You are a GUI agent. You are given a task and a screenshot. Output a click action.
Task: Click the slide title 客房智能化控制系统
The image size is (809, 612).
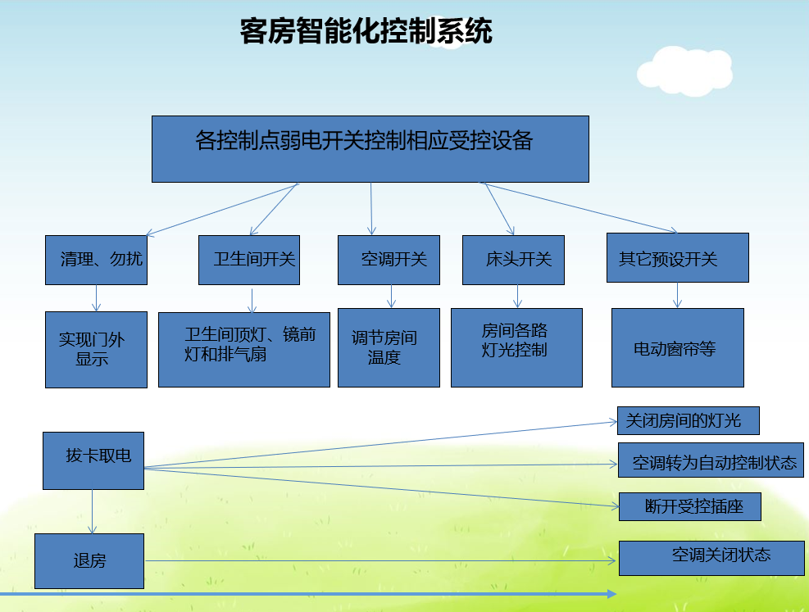coord(366,32)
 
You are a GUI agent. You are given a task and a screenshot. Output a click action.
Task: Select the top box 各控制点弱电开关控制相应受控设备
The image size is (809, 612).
coord(370,148)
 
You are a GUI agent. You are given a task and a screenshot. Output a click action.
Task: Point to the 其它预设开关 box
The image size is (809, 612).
coord(677,258)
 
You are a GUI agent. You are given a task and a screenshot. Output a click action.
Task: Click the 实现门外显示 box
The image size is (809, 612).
coord(96,350)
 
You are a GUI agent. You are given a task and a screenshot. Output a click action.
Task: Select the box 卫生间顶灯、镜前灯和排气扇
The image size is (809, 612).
coord(243,349)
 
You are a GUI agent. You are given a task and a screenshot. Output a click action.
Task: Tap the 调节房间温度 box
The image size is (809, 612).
coord(389,347)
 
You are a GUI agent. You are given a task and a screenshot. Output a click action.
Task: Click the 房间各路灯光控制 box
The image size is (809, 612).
coord(516,347)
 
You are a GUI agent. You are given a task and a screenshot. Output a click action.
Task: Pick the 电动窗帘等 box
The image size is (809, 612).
coord(677,347)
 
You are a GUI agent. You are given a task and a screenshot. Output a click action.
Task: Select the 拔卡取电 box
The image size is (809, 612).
coord(93,460)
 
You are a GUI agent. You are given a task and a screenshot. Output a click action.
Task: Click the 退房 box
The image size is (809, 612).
coord(89,561)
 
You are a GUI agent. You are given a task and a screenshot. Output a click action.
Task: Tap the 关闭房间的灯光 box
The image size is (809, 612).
coord(687,420)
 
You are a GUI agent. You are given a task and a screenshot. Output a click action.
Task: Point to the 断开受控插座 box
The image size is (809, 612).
coord(690,506)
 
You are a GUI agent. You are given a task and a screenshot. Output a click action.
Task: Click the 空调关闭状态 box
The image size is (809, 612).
coord(711,558)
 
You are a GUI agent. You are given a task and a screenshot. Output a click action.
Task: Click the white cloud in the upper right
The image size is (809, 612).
coord(684,70)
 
